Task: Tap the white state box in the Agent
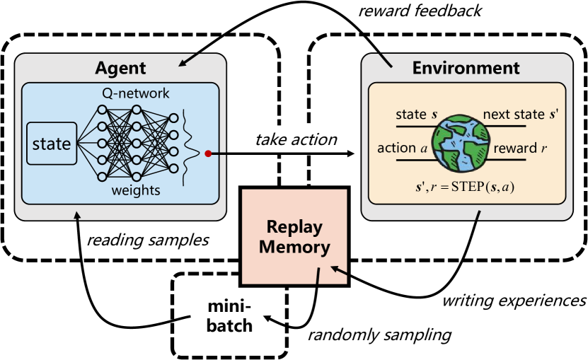click(x=51, y=144)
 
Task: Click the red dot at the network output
click(x=207, y=153)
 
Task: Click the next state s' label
click(x=520, y=114)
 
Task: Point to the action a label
click(x=402, y=149)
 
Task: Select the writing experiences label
click(x=513, y=301)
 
